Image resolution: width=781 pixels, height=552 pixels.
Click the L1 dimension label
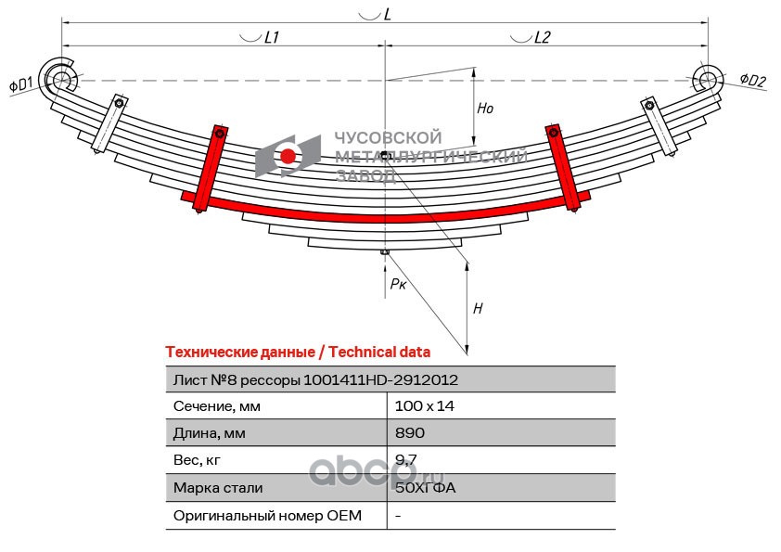pos(272,37)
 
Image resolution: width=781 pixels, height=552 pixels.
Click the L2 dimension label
pos(542,37)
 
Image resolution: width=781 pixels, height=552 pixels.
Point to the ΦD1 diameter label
pos(21,84)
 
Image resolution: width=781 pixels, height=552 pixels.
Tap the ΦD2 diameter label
pos(752,80)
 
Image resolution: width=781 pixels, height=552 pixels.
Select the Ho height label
pos(484,109)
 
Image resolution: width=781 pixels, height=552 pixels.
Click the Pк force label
pos(398,284)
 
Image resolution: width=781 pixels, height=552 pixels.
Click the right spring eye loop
pos(709,79)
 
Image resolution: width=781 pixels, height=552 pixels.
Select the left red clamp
pos(211,169)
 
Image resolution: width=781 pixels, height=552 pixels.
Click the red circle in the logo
pos(288,157)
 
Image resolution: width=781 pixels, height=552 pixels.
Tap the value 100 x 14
pos(425,406)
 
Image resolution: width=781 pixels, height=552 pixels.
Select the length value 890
pos(409,433)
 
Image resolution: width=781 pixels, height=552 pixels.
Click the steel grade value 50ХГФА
pos(426,487)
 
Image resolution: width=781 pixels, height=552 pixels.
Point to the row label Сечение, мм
pos(217,406)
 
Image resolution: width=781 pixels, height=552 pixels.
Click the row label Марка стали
pos(218,488)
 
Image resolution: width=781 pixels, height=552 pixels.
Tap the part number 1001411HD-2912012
pos(380,380)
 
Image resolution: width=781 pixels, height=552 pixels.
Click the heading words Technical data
pos(379,353)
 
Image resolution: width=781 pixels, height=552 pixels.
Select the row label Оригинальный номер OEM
pos(267,515)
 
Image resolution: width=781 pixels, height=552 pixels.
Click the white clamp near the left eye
pos(110,123)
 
